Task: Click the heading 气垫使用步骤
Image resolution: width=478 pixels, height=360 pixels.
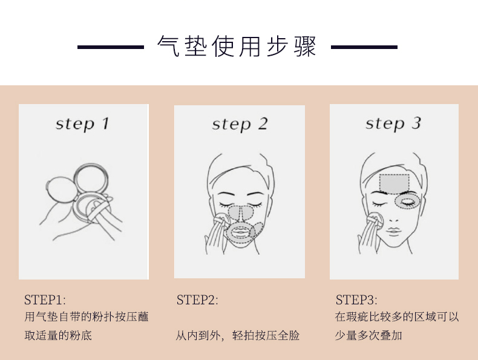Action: click(x=237, y=47)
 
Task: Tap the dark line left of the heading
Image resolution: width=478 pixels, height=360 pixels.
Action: click(x=111, y=47)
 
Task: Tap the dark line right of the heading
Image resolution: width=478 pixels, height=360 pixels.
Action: click(x=364, y=47)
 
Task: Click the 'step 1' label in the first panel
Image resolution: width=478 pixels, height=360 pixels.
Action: click(x=82, y=124)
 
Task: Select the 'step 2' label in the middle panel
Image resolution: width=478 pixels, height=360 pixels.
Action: click(x=240, y=125)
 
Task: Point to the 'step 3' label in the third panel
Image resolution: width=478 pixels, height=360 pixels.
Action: click(x=393, y=124)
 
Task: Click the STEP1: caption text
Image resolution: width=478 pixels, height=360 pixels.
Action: click(x=45, y=300)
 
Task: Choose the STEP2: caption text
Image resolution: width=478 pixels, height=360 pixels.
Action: click(x=197, y=300)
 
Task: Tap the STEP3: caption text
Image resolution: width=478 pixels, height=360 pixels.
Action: click(x=356, y=300)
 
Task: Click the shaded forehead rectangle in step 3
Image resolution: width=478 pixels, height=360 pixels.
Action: click(x=395, y=184)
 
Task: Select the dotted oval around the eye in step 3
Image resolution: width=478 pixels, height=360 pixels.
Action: click(x=408, y=201)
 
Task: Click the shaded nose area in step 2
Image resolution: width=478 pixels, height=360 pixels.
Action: click(x=241, y=213)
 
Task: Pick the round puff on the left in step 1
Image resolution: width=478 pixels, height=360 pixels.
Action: click(x=60, y=189)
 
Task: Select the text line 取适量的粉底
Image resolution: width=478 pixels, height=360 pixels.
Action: click(x=58, y=336)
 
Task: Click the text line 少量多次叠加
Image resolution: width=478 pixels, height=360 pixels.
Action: click(x=368, y=336)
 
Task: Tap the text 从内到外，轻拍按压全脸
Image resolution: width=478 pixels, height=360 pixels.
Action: click(x=237, y=336)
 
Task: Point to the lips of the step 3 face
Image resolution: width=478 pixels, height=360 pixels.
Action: click(x=393, y=231)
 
